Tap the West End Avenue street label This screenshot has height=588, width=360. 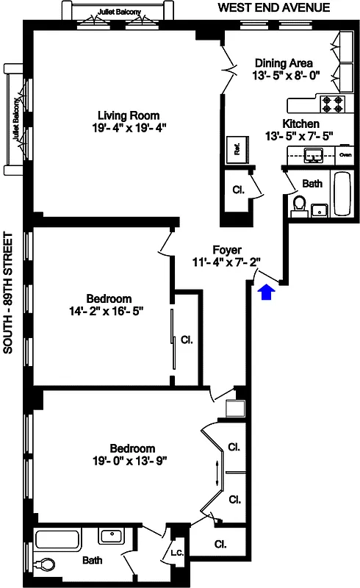[x=273, y=8]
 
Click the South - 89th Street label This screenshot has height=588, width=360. [x=8, y=294]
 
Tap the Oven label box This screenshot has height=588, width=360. [x=345, y=154]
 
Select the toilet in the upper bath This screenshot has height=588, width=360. [x=299, y=202]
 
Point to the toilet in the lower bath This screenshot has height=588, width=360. [x=45, y=565]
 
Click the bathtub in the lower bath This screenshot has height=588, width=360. [x=57, y=540]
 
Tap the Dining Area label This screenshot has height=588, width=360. [x=283, y=62]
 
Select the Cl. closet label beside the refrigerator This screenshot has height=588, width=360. [x=238, y=190]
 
